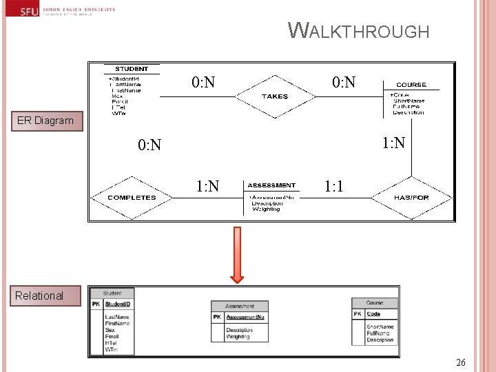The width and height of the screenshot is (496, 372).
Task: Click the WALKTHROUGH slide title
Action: tap(359, 31)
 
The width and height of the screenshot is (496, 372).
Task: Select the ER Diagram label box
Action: tap(45, 121)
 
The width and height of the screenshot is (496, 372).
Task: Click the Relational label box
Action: tap(39, 296)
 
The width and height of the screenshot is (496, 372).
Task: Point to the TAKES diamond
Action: tap(275, 96)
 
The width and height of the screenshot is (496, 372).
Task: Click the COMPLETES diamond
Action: tap(132, 197)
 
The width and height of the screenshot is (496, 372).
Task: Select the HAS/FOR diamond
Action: tap(411, 197)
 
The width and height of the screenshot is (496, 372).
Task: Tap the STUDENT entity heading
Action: tap(132, 69)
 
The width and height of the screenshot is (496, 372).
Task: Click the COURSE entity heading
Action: tap(411, 85)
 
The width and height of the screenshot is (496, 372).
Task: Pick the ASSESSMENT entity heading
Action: tap(271, 185)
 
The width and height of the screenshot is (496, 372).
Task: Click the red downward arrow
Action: tap(237, 255)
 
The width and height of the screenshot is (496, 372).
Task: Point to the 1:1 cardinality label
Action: tap(334, 186)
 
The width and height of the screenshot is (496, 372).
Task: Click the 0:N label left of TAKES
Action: tap(203, 83)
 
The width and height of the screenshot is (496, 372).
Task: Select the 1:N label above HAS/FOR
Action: tap(394, 143)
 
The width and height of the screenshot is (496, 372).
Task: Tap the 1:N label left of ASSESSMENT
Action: tap(207, 186)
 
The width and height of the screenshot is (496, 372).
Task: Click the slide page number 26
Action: tap(461, 362)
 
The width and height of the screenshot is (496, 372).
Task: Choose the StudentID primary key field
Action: tap(118, 304)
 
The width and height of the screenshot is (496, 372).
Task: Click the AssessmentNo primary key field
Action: tap(245, 317)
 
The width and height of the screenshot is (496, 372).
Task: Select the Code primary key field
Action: tap(373, 314)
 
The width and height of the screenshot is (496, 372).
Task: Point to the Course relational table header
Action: tap(375, 302)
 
